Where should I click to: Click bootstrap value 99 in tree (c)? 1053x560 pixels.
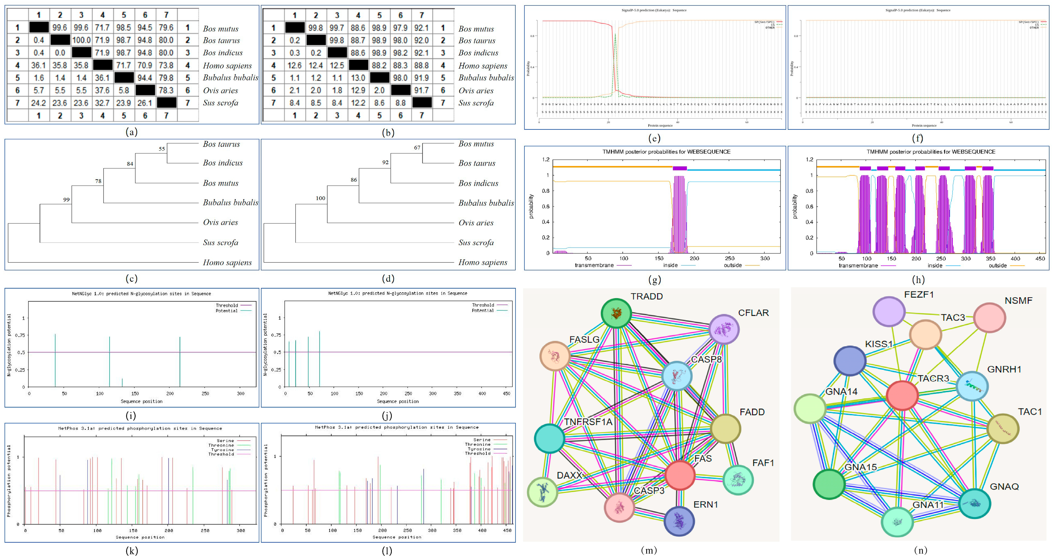point(66,199)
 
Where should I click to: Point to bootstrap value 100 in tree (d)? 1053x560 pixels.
point(320,198)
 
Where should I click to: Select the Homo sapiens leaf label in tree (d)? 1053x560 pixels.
point(483,263)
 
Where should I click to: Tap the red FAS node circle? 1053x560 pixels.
point(680,475)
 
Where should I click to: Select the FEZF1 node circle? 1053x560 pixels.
point(889,311)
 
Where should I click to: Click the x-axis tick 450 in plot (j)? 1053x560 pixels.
point(507,394)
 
